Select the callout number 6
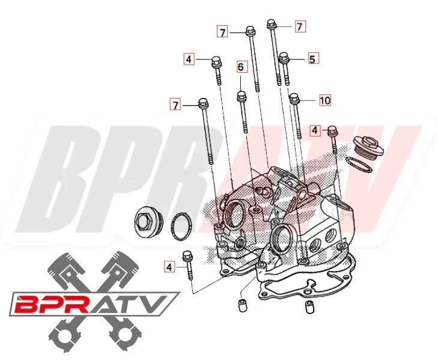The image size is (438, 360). tap(240, 67)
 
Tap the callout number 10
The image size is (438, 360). tap(324, 100)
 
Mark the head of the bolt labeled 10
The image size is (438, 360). tap(294, 97)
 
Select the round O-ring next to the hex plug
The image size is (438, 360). tap(181, 227)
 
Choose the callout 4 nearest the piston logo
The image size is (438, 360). tap(170, 266)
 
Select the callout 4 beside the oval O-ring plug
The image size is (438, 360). tap(315, 130)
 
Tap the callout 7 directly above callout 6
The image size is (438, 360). tap(223, 32)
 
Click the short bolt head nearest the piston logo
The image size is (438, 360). tap(187, 255)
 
